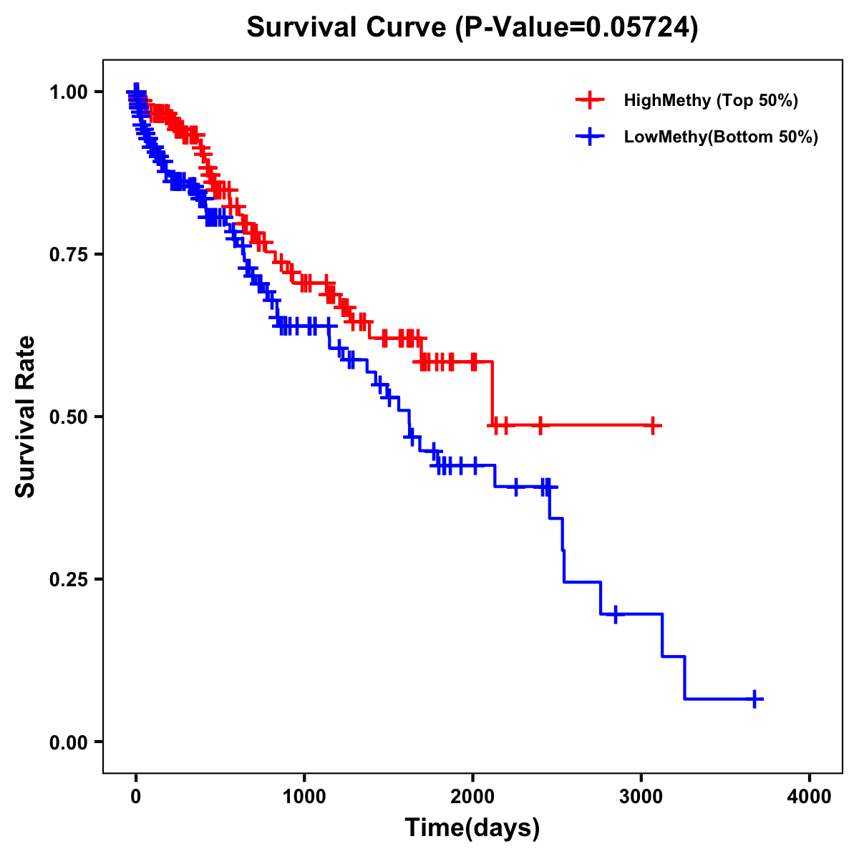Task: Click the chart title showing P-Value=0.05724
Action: click(472, 27)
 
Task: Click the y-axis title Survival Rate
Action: click(26, 416)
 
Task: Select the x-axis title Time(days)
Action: click(472, 828)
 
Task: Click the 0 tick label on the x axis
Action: click(136, 796)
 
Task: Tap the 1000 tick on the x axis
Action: click(304, 796)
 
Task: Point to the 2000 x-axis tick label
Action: click(472, 796)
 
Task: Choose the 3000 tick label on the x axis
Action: click(641, 796)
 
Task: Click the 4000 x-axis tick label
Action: click(810, 796)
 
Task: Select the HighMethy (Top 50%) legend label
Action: click(711, 100)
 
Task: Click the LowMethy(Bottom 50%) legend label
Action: click(721, 137)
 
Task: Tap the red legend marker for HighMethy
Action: click(590, 100)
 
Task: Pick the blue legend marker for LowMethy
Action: click(590, 137)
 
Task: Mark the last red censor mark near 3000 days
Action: click(653, 425)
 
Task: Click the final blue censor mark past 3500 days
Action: click(754, 699)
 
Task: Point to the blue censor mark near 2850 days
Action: click(616, 614)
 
